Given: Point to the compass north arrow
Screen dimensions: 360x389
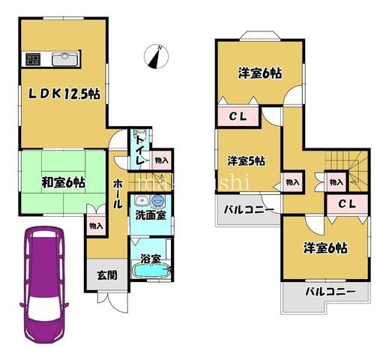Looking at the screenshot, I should pyautogui.click(x=158, y=56).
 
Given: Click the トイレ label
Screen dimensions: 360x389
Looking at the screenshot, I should pyautogui.click(x=140, y=150).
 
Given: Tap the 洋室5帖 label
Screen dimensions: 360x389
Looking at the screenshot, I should pyautogui.click(x=247, y=160).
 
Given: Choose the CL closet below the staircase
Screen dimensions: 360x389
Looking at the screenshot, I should pyautogui.click(x=346, y=203).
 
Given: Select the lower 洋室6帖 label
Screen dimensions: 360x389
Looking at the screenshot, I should pyautogui.click(x=325, y=247).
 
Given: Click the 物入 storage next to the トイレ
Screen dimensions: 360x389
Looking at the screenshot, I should pyautogui.click(x=161, y=160).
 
